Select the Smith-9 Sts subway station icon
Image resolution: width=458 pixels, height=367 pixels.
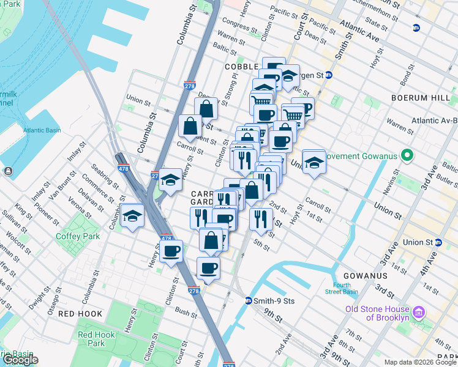tap(249, 300)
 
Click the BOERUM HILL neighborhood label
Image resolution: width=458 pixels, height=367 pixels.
tap(422, 95)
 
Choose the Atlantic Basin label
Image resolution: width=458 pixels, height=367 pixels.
tap(42, 130)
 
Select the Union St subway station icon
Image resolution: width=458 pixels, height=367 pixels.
tap(438, 242)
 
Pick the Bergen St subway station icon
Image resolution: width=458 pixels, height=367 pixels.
tap(328, 75)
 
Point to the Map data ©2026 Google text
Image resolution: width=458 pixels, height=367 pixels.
tap(421, 362)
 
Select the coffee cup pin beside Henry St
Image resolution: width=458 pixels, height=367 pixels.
tap(171, 251)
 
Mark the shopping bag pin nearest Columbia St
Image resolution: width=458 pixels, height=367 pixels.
tap(190, 127)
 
